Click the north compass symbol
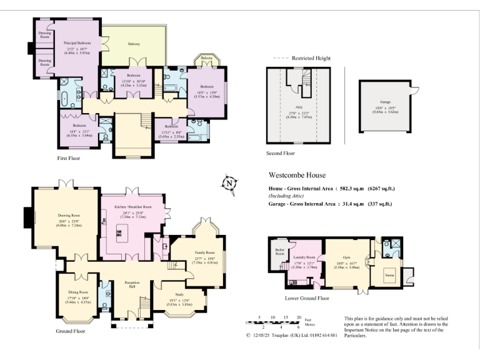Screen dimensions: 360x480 coord(228,183)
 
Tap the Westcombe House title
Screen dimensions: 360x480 coord(297,176)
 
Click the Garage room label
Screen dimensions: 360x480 coord(385,101)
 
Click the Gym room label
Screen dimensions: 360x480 coord(346,256)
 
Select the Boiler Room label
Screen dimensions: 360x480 coord(280,252)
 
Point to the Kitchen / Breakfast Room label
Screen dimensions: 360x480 coord(132,206)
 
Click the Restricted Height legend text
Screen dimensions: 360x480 coord(309,58)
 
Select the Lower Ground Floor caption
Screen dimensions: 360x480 coord(306,298)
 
